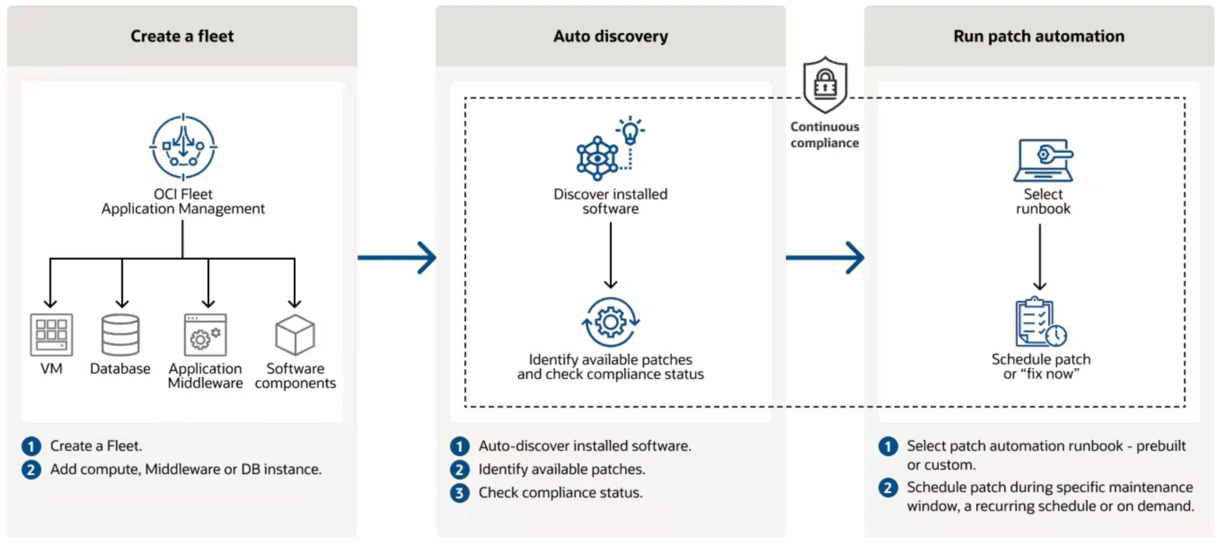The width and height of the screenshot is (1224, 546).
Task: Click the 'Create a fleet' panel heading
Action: [182, 37]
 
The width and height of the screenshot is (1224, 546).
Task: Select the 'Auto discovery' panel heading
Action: [610, 37]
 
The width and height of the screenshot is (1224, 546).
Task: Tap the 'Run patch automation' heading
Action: [1038, 37]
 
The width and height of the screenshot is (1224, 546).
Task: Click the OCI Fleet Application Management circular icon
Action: [183, 147]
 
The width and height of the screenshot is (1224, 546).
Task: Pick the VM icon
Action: [51, 335]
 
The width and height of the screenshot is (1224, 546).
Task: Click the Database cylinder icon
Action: [120, 335]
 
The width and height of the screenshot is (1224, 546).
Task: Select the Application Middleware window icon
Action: [205, 335]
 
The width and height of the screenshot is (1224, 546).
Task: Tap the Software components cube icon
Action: [295, 335]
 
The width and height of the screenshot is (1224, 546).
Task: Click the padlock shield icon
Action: [825, 86]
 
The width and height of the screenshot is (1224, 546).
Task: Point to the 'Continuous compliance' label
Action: [825, 135]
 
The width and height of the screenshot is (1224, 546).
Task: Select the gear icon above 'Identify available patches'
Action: [610, 322]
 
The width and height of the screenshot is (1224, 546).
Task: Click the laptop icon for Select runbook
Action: [1043, 160]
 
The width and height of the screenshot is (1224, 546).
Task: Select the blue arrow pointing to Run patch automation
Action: [825, 258]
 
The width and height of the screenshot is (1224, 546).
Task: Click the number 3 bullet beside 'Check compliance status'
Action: [459, 493]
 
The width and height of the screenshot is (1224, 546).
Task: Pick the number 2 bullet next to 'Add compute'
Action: [31, 469]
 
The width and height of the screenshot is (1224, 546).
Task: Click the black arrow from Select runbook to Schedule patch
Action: [1040, 257]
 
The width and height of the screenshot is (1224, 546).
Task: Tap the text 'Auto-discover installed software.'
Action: [584, 446]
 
